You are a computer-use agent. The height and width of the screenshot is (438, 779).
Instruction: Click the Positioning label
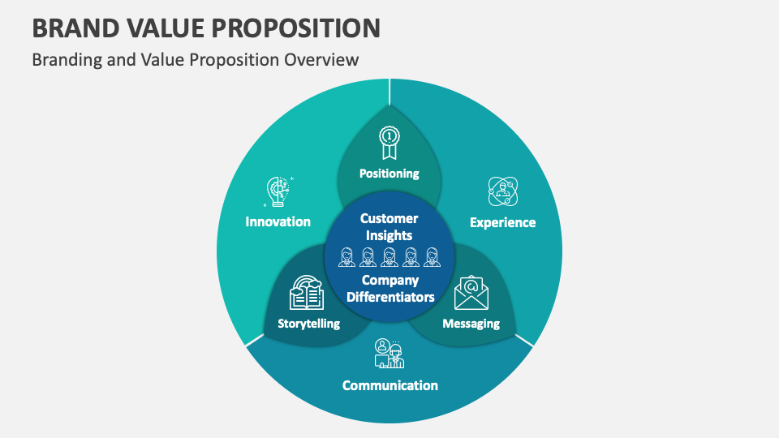[389, 173]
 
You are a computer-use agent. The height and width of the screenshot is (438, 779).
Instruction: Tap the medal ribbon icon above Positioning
[389, 143]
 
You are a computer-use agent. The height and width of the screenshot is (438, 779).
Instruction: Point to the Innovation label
[278, 221]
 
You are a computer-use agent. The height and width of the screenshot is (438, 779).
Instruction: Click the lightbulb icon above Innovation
[278, 191]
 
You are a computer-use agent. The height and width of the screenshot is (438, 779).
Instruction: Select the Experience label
[503, 222]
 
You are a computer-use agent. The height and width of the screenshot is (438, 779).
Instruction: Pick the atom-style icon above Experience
[502, 191]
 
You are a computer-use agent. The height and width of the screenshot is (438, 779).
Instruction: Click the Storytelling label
[308, 324]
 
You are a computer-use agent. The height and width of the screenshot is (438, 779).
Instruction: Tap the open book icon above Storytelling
[307, 293]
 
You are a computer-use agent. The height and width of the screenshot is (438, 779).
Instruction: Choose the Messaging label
[471, 324]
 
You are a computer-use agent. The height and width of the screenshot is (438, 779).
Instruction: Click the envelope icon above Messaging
[471, 293]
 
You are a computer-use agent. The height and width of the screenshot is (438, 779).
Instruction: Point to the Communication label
[390, 385]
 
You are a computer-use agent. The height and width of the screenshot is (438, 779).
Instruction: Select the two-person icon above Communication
[389, 354]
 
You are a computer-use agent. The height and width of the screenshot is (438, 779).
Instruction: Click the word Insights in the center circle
[389, 235]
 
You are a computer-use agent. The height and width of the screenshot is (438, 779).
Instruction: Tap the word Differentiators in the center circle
[390, 297]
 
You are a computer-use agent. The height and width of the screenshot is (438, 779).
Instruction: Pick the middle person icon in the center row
[389, 257]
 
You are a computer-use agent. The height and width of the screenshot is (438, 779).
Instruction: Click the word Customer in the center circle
[389, 218]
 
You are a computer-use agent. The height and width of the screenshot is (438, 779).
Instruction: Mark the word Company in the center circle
[390, 281]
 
